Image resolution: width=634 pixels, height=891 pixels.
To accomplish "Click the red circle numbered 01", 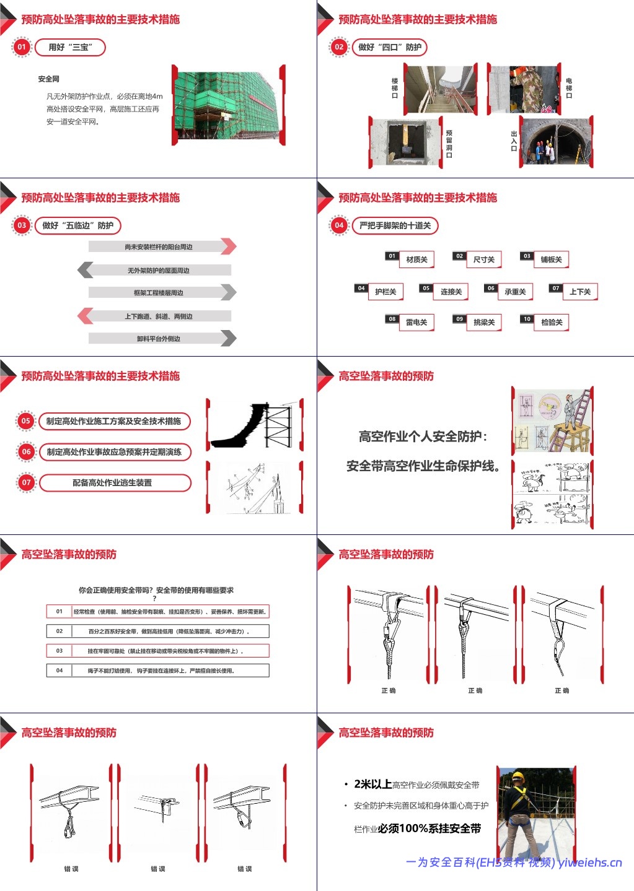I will (22, 47).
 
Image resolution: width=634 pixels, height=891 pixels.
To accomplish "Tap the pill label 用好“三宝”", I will (70, 47).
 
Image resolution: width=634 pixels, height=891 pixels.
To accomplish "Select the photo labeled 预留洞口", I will (407, 143).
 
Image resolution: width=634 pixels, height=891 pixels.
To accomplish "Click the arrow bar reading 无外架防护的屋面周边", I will (159, 270).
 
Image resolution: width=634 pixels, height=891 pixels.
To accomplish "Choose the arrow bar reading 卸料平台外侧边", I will (159, 338).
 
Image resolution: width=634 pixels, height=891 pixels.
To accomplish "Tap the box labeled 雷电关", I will (416, 322).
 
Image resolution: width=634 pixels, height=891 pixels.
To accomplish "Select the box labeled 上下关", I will (580, 292).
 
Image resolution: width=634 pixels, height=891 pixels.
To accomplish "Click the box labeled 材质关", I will (416, 259).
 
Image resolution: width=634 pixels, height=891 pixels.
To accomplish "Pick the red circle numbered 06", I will (26, 452).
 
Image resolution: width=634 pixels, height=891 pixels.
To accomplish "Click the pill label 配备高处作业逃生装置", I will (115, 482).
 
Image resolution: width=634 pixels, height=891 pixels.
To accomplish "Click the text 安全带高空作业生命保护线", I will (423, 466).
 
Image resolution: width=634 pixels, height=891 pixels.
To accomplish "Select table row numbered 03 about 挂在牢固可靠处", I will (158, 651).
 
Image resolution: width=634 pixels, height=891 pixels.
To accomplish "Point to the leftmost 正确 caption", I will (389, 690).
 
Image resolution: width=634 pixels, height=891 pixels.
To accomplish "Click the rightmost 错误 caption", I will (245, 869).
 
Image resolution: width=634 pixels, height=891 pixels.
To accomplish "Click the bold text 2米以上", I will (372, 784).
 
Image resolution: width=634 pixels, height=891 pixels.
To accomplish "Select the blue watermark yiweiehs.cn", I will (589, 863).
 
